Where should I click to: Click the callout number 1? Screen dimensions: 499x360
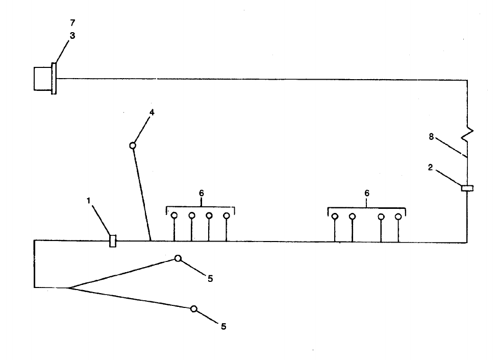[89, 201]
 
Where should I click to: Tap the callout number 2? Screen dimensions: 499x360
[431, 167]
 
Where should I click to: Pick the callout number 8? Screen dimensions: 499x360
[432, 136]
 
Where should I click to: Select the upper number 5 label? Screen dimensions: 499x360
[210, 279]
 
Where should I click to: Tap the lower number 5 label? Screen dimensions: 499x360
[223, 326]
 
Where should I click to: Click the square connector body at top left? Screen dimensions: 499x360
[42, 79]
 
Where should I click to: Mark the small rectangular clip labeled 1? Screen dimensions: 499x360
[113, 241]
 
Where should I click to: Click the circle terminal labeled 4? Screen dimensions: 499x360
[133, 146]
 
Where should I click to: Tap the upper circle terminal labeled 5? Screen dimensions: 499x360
[178, 258]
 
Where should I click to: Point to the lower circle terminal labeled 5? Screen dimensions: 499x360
[194, 309]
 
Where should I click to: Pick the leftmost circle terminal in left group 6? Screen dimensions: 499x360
[174, 215]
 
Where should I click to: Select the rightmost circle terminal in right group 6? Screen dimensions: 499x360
[398, 217]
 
